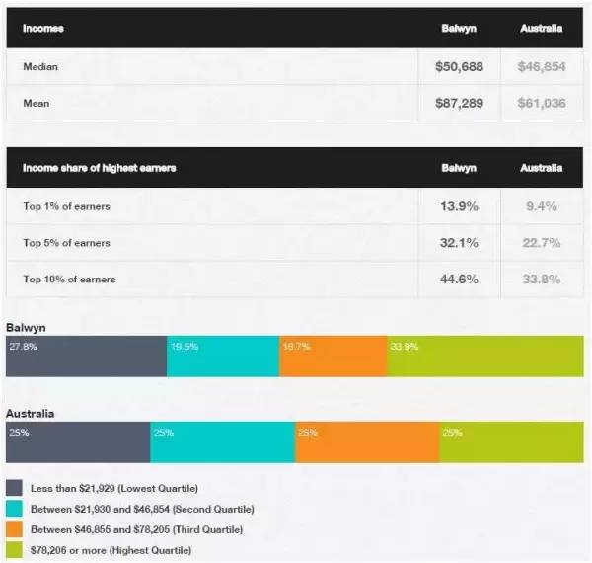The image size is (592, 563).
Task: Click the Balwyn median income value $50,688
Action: coord(458,67)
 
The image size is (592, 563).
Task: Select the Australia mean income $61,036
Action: coord(542,103)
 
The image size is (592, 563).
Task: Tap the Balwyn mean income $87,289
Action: coord(458,103)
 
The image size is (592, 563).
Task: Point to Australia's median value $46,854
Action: coord(542,67)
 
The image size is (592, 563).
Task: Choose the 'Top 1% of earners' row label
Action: coord(66,206)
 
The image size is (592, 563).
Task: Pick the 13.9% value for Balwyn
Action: coord(459,206)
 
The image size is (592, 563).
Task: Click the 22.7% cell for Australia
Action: coord(542,243)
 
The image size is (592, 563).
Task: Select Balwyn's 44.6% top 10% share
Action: coord(459,279)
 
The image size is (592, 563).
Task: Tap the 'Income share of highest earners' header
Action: coord(99,168)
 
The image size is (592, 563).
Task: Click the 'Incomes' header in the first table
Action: coord(43,29)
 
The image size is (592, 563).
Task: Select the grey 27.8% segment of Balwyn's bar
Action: coord(86,357)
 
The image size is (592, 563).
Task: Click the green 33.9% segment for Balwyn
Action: coord(484,357)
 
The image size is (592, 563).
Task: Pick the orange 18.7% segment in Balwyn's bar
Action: coord(333,357)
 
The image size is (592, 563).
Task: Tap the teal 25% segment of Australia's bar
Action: coord(222,442)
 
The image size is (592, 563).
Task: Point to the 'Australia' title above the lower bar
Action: coord(30,413)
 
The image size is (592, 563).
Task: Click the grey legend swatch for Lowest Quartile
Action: coord(15,489)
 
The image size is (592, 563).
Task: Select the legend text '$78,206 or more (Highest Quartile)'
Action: coord(111,549)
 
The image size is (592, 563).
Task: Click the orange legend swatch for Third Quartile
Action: coord(15,529)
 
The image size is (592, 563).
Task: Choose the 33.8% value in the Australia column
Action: coord(542,279)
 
